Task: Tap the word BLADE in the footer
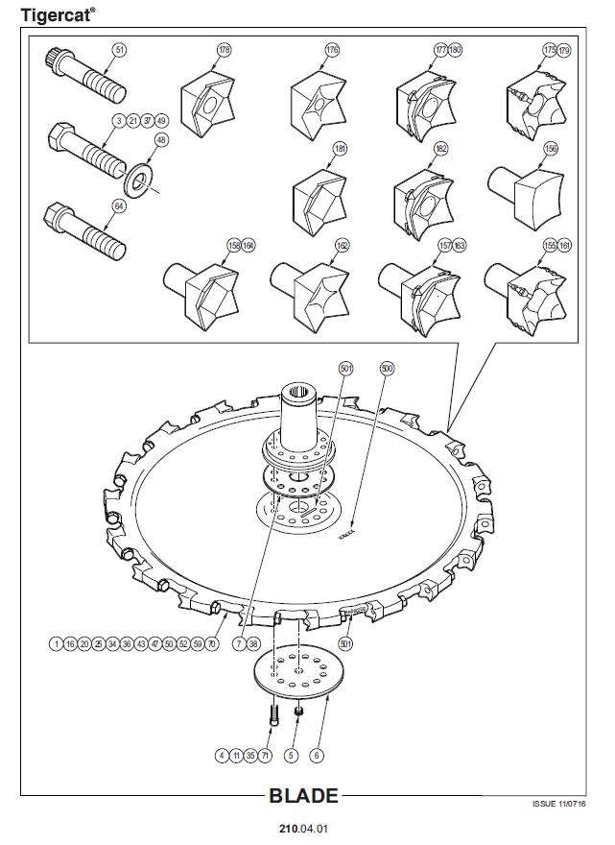tap(303, 796)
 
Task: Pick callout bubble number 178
tap(224, 49)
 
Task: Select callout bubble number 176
tap(332, 49)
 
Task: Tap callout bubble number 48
tap(160, 140)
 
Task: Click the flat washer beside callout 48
tap(141, 180)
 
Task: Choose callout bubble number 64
tap(119, 205)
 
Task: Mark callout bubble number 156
tap(551, 149)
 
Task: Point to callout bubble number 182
tap(441, 149)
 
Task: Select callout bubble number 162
tap(342, 246)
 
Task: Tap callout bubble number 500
tap(387, 368)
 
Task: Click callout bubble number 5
tap(293, 756)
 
